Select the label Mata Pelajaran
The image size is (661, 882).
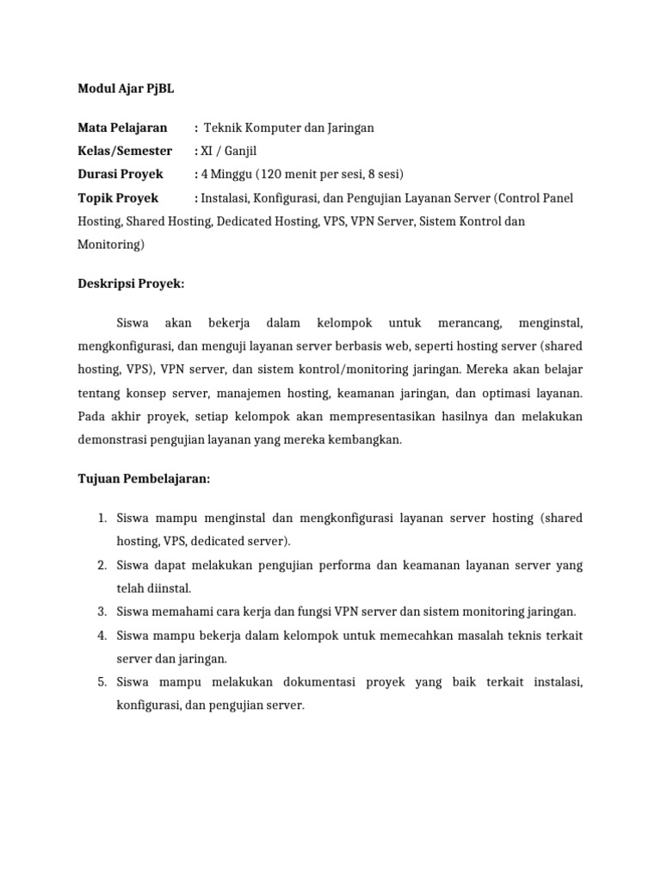pyautogui.click(x=122, y=128)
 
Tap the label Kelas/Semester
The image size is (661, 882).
pyautogui.click(x=125, y=152)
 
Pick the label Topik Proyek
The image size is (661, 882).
pyautogui.click(x=118, y=198)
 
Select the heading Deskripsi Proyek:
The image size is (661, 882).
pyautogui.click(x=131, y=282)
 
